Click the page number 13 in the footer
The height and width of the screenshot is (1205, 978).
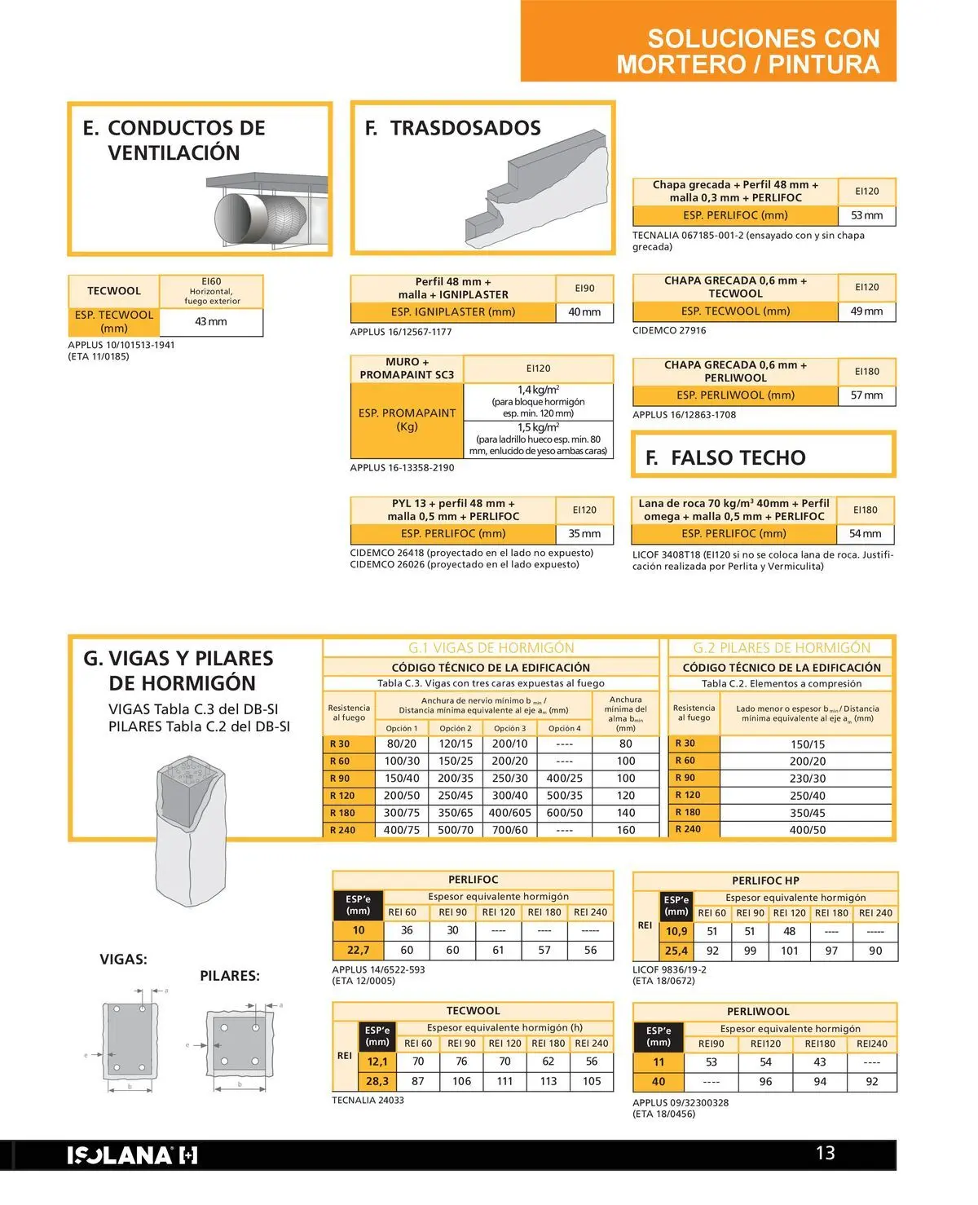point(825,1153)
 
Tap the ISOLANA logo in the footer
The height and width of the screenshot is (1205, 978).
point(132,1154)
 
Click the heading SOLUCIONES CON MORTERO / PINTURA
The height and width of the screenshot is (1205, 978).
point(748,51)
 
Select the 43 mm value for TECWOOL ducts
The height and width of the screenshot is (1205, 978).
point(211,322)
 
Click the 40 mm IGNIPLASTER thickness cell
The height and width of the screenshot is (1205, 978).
point(584,312)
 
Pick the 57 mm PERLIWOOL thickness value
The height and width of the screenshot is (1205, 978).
point(866,395)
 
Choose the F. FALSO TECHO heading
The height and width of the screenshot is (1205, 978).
point(725,458)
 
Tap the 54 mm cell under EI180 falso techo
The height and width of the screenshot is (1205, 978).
point(866,534)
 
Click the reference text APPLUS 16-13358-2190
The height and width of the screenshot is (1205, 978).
point(402,468)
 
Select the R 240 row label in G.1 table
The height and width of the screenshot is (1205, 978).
point(342,830)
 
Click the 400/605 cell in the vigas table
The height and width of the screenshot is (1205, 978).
point(509,813)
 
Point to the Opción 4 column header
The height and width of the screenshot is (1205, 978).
point(564,728)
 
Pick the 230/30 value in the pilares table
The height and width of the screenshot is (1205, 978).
point(807,779)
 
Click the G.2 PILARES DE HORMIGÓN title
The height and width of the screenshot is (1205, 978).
point(782,648)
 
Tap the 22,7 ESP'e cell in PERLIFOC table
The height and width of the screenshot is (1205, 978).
point(358,950)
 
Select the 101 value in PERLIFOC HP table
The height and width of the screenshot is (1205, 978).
point(789,951)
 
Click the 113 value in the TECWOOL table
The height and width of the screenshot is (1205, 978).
point(548,1081)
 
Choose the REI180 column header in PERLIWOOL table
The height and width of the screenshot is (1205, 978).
point(819,1044)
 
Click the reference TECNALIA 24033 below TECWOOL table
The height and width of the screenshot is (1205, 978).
point(368,1101)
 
